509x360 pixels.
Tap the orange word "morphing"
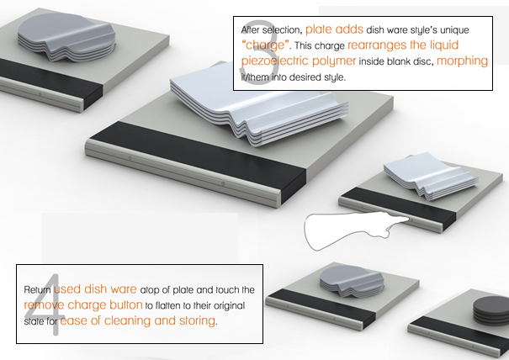coord(462,61)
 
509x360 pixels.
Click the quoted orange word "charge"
coord(263,45)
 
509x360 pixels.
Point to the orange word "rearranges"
coord(377,45)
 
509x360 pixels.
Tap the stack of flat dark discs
coord(490,310)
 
